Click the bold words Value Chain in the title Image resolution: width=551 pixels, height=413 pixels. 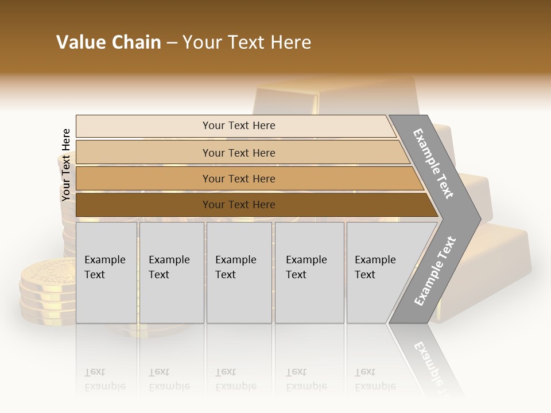coord(108,42)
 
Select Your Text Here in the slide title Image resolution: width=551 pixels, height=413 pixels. coord(247,42)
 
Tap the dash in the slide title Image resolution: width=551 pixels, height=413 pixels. coord(172,43)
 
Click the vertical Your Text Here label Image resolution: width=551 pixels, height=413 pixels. coord(66,165)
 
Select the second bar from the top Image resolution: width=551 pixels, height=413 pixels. coord(239,153)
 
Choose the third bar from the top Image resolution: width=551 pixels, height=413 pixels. coord(239,178)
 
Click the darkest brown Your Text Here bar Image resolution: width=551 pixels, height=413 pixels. coord(239,205)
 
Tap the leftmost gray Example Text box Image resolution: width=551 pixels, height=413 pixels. coord(106,272)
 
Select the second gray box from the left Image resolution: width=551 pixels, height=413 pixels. coord(171,272)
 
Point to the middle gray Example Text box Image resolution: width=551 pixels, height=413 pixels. coord(239,272)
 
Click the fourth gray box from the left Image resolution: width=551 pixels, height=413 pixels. coord(309,272)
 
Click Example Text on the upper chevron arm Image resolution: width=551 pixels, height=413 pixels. coord(433,163)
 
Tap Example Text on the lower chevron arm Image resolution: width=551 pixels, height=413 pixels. coord(434,271)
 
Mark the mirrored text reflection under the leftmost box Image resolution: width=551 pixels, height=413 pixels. coord(105,379)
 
